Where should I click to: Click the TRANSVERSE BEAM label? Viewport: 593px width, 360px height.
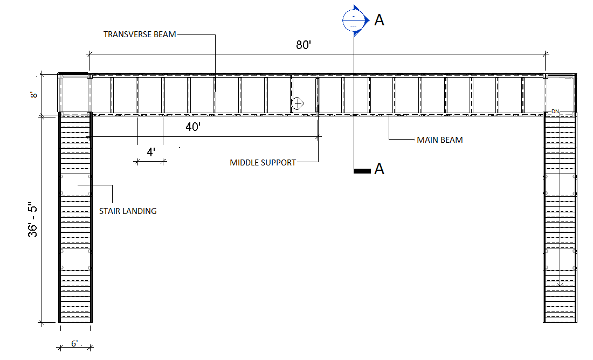pos(140,34)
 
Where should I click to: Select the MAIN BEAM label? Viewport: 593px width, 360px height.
pos(439,140)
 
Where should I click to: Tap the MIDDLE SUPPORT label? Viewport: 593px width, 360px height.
pos(263,162)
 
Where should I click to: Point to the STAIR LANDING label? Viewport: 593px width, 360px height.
pos(128,211)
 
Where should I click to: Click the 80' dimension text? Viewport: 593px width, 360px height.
pos(304,45)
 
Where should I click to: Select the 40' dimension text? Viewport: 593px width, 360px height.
pos(194,127)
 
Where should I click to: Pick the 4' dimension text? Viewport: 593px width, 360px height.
pos(151,153)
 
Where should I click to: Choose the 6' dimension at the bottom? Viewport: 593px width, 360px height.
pos(74,343)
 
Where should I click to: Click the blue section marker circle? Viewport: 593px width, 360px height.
pos(353,20)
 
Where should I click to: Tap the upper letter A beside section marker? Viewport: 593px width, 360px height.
pos(380,20)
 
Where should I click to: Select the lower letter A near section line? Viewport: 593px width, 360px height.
pos(380,169)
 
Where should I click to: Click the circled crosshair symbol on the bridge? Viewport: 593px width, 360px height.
pos(298,102)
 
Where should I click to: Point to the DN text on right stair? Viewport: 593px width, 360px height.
pos(555,112)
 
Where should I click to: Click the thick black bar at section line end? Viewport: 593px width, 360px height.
pos(361,171)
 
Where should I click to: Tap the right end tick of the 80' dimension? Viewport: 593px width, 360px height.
pos(546,53)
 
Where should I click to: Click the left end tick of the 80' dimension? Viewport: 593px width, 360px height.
pos(89,53)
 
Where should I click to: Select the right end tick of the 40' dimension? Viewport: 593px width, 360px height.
pos(318,137)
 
